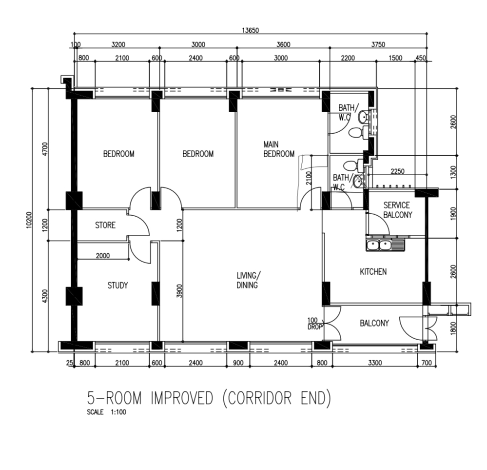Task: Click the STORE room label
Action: click(x=105, y=225)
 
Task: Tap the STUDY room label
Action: click(x=117, y=285)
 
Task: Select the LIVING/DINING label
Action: click(x=247, y=280)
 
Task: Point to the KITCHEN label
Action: click(x=373, y=272)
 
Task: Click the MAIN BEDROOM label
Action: click(x=279, y=149)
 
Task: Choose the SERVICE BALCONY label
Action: click(x=397, y=210)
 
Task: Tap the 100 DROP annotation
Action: click(x=312, y=324)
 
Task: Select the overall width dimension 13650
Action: click(x=250, y=30)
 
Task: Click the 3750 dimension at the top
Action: click(x=378, y=44)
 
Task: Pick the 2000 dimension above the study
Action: click(x=102, y=255)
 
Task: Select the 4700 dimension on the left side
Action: click(x=45, y=147)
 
